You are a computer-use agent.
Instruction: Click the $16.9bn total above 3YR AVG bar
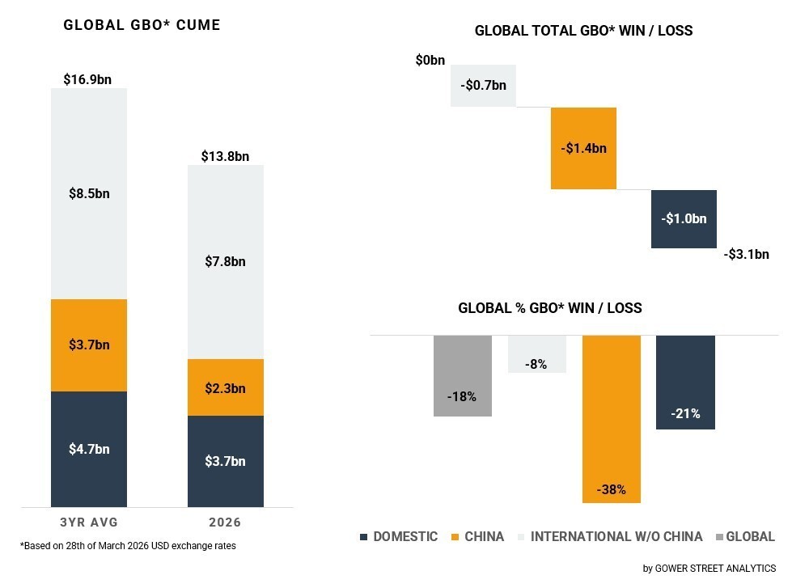coord(87,79)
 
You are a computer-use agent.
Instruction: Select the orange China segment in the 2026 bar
coord(226,387)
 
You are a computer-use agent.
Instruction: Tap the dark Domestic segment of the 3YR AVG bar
coord(89,449)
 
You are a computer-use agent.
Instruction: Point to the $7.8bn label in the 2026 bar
coord(225,261)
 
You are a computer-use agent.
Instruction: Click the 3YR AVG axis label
coord(89,522)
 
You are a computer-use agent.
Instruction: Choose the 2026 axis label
coord(225,522)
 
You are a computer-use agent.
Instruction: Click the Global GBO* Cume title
coord(142,25)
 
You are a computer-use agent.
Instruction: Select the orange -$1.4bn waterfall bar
coord(583,148)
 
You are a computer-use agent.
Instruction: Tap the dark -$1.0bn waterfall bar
coord(684,218)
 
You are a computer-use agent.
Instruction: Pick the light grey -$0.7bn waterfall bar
coord(484,86)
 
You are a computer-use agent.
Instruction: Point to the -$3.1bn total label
coord(747,254)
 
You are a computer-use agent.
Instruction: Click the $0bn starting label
coord(430,61)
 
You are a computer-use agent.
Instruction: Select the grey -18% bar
coord(463,375)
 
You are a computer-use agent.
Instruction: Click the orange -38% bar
coord(612,419)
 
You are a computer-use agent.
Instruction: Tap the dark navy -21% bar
coord(686,383)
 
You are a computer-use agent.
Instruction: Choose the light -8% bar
coord(537,353)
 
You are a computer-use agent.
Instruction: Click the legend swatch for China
coord(455,537)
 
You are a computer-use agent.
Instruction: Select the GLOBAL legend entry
coord(746,536)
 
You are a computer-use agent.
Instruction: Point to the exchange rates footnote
coord(128,546)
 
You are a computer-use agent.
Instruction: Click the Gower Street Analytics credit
coord(709,569)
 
